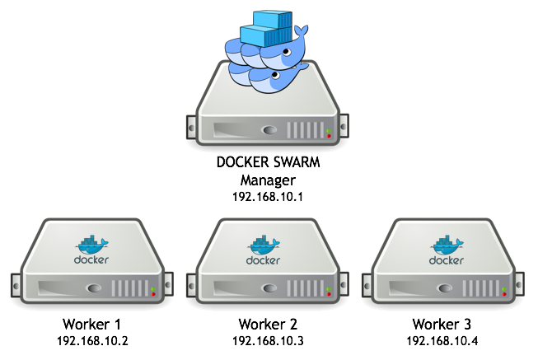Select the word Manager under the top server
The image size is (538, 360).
267,180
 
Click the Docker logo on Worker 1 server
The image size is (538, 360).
91,250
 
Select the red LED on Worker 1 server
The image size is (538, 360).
154,292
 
